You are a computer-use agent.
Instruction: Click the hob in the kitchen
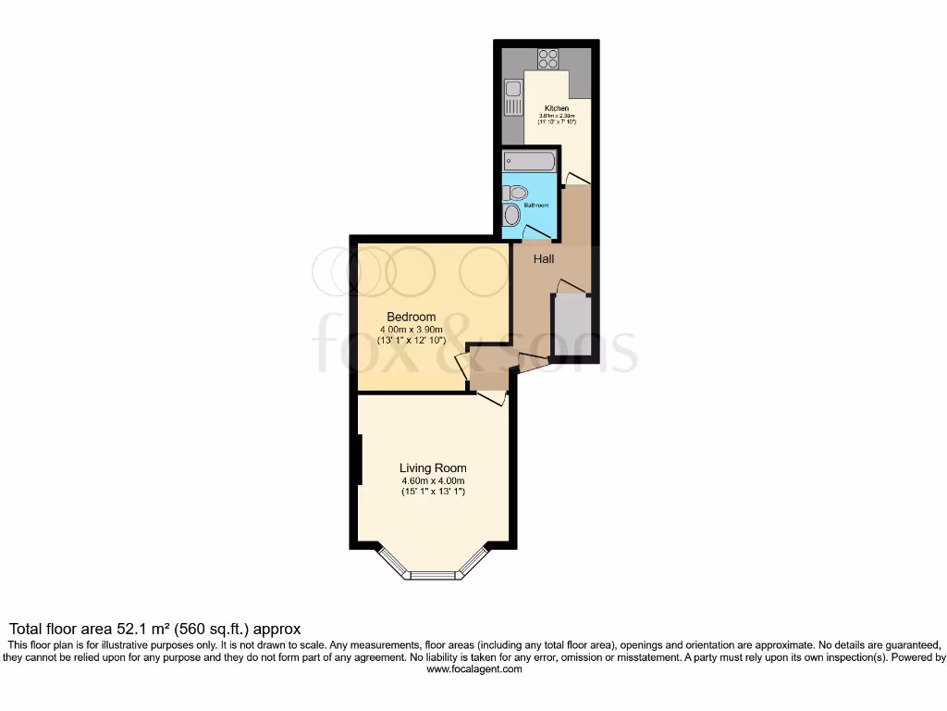(548, 58)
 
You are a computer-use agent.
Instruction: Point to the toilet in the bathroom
(515, 193)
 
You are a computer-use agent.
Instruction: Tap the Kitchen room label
(557, 108)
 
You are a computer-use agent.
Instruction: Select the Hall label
(544, 259)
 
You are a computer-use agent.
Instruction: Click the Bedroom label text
(412, 317)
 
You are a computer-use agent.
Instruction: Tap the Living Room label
(433, 468)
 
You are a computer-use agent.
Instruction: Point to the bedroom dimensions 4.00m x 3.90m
(412, 330)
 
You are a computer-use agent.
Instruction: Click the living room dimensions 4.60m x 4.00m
(433, 481)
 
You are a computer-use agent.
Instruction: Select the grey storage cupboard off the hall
(570, 325)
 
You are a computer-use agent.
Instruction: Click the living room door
(491, 396)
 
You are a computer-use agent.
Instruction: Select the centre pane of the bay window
(434, 575)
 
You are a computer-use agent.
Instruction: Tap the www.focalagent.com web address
(473, 669)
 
